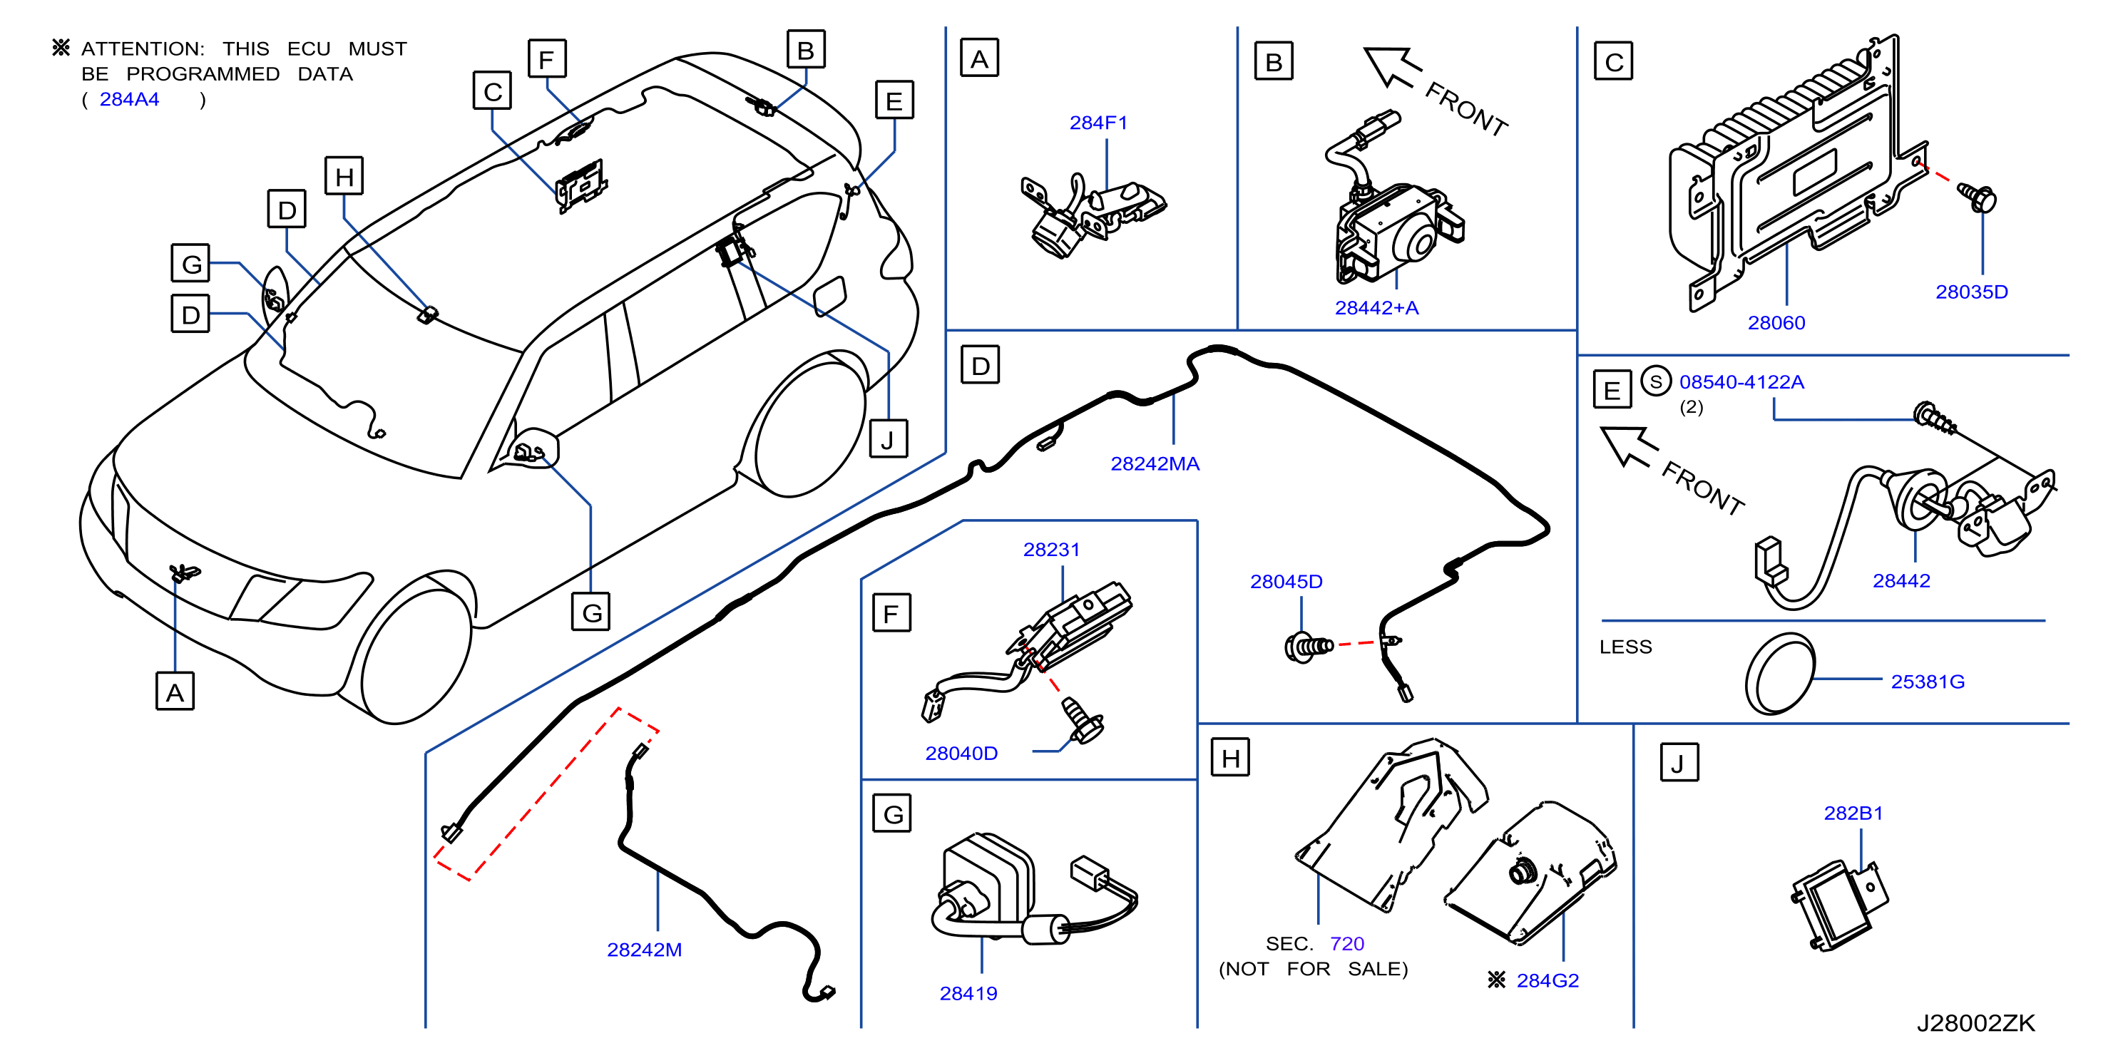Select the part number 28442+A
(1376, 308)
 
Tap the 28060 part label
(1776, 323)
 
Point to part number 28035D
(1971, 292)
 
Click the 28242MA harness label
(1155, 464)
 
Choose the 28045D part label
(1286, 582)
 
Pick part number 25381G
(1928, 682)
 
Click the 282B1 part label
(1853, 813)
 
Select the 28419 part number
(968, 994)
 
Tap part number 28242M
(645, 950)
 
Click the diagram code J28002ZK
(1975, 1023)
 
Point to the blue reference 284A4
(129, 99)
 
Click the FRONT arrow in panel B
(1391, 66)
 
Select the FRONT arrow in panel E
(1627, 446)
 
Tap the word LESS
(1625, 647)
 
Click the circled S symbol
(1656, 381)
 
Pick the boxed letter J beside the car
(889, 439)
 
